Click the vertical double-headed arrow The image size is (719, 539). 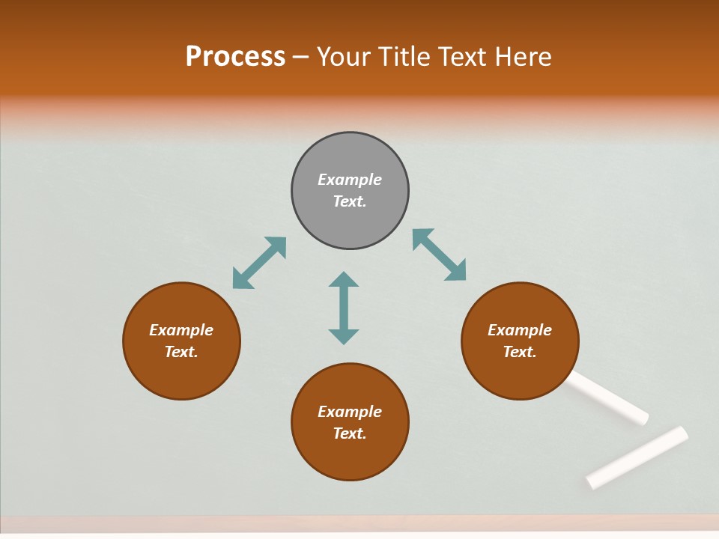tap(344, 308)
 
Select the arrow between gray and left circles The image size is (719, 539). tap(259, 263)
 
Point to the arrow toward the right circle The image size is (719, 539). tap(439, 255)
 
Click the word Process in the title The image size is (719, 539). tap(235, 56)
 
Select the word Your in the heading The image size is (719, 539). tap(344, 56)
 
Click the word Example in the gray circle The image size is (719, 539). tap(350, 180)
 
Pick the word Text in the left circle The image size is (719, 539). tap(181, 352)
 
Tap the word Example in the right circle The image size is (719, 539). tap(519, 330)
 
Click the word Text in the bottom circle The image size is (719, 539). tap(350, 433)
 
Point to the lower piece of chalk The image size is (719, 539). tap(637, 457)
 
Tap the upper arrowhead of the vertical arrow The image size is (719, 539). tap(344, 280)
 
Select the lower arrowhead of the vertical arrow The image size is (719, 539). tap(344, 336)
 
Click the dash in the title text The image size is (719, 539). tap(301, 57)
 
